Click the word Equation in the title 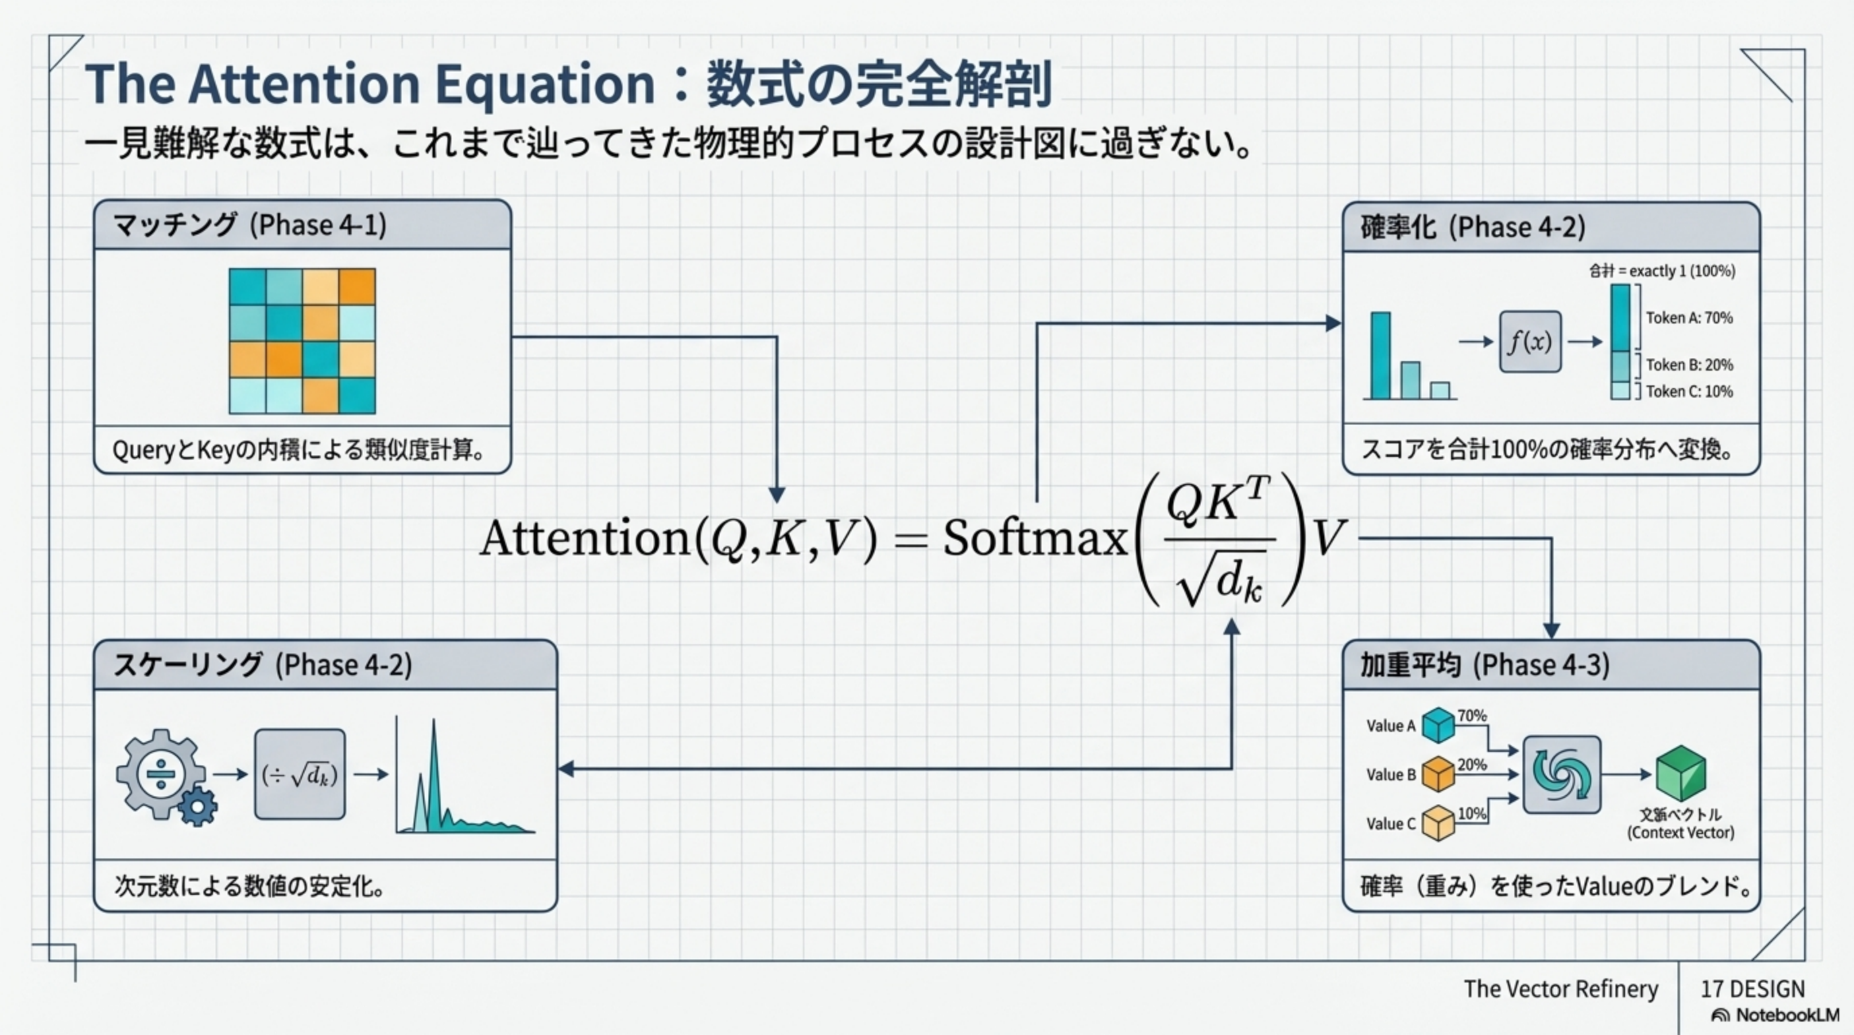(545, 84)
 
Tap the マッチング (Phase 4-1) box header (302, 225)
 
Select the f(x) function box (1530, 342)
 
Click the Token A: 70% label (1688, 318)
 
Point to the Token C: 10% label (1688, 391)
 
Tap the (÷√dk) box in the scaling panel (299, 774)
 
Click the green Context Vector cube (1681, 773)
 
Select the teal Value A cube (1439, 725)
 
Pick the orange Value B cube (1439, 774)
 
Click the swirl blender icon (1562, 774)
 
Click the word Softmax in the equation (1035, 538)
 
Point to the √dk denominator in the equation (1221, 582)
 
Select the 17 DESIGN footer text (1752, 989)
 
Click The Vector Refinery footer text (1560, 989)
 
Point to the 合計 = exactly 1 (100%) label (1662, 272)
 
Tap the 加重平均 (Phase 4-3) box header (1551, 664)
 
